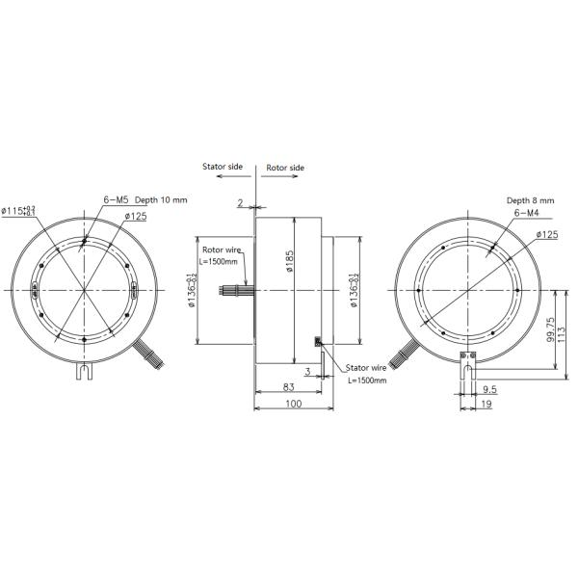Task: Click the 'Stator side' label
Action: pyautogui.click(x=223, y=167)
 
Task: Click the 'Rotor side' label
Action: pyautogui.click(x=284, y=167)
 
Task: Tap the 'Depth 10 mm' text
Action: pyautogui.click(x=161, y=199)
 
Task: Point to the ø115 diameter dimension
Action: pyautogui.click(x=19, y=210)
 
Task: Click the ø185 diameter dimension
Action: pyautogui.click(x=289, y=259)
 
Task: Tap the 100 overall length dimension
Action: pyautogui.click(x=294, y=405)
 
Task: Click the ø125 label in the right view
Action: pyautogui.click(x=546, y=234)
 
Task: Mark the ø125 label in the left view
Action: pyautogui.click(x=135, y=216)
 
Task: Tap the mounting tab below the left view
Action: pyautogui.click(x=85, y=369)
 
